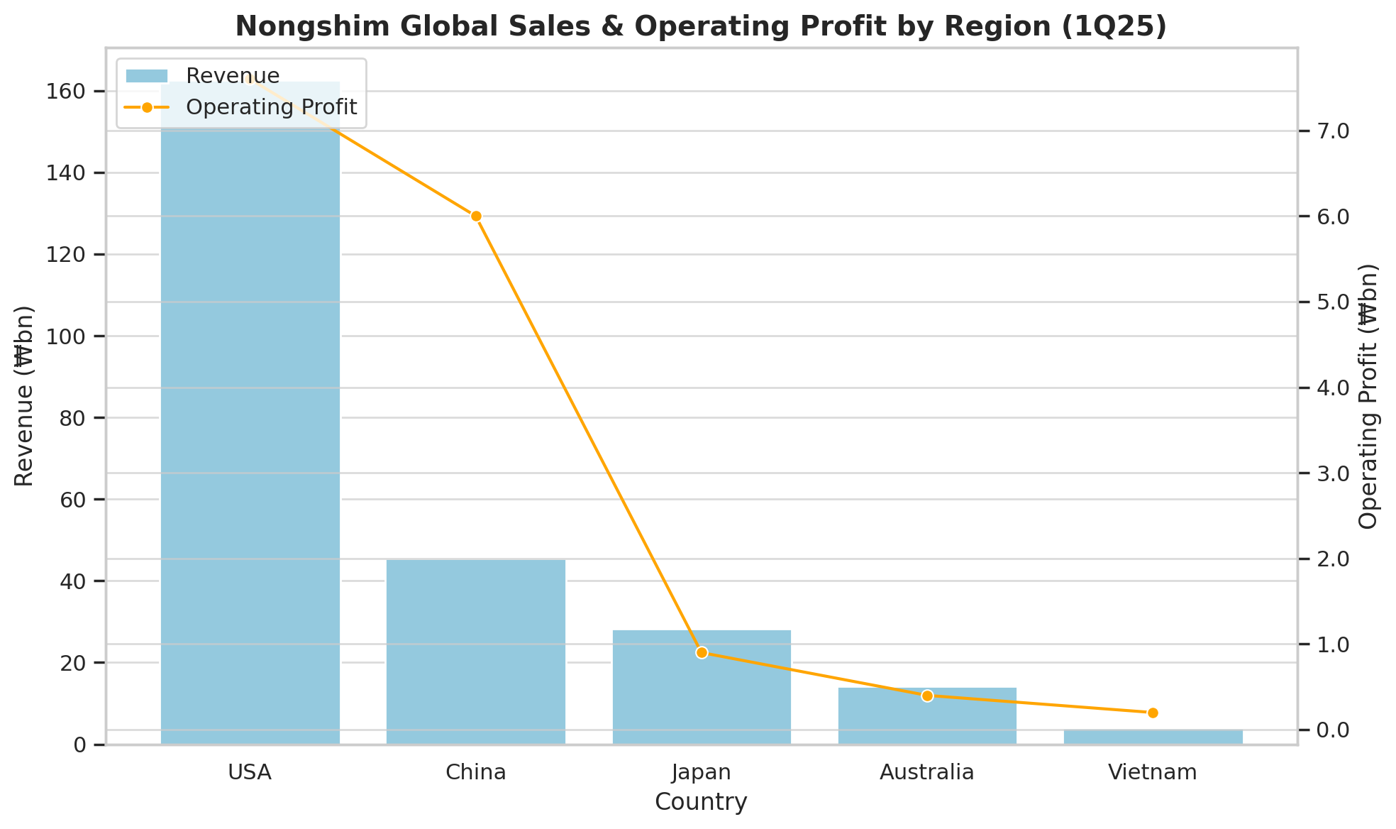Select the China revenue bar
[x=476, y=652]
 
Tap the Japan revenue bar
[x=702, y=687]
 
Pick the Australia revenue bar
[x=927, y=716]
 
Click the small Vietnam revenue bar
[x=1153, y=737]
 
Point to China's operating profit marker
[x=476, y=216]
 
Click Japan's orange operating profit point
[x=702, y=653]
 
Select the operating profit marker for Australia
[x=927, y=696]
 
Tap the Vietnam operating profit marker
[x=1153, y=713]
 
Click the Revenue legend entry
[x=203, y=75]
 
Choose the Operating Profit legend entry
[x=240, y=107]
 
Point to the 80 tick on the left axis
[x=74, y=418]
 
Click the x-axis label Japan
[x=702, y=772]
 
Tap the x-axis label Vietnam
[x=1153, y=772]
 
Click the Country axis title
[x=701, y=802]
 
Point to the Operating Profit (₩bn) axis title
[x=1368, y=396]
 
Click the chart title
[x=701, y=26]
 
